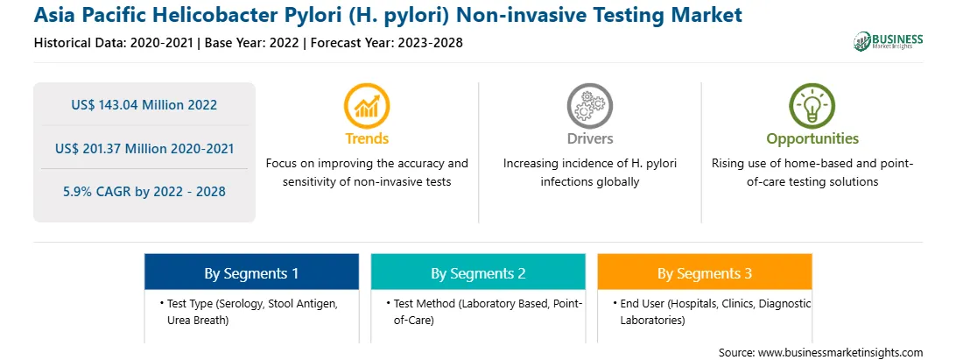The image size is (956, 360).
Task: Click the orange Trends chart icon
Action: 367,106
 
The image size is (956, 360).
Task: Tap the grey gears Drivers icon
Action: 589,106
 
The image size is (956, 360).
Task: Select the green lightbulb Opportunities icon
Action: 812,106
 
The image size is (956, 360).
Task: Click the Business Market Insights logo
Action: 889,41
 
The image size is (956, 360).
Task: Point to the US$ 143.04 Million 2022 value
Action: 144,104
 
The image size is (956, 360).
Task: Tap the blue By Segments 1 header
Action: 251,273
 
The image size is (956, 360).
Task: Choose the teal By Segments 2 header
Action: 478,273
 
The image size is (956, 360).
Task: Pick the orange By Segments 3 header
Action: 704,273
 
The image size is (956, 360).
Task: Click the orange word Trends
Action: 367,138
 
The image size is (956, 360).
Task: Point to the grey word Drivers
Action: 589,138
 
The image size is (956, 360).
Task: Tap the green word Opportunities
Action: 812,139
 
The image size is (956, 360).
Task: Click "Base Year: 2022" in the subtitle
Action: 251,43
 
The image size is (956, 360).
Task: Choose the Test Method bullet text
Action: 484,312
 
